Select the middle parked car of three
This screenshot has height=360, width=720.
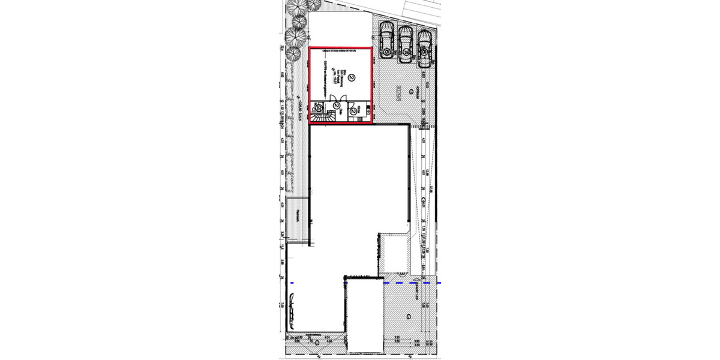tap(406, 43)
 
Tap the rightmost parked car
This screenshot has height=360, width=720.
tap(424, 47)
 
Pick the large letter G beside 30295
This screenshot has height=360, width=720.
tap(411, 92)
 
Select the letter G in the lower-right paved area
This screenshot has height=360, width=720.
tap(409, 316)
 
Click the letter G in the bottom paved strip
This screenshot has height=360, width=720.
tap(316, 343)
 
